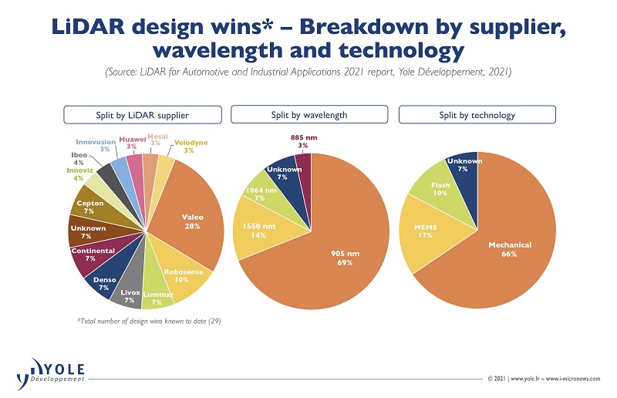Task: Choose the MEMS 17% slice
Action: tap(427, 231)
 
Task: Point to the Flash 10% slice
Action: tap(441, 189)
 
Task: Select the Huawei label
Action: tap(132, 142)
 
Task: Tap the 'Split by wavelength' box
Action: tap(308, 115)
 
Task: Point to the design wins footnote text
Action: tap(135, 321)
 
